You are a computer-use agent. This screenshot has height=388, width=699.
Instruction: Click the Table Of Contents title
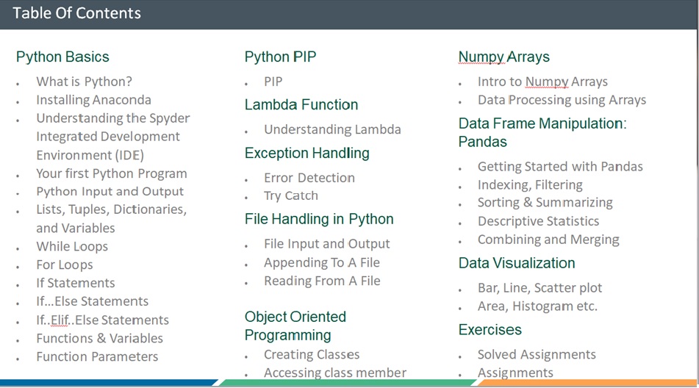point(76,13)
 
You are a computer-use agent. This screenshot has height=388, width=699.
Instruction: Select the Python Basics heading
point(62,57)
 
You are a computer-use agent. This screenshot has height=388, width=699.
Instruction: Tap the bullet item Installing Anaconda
point(93,100)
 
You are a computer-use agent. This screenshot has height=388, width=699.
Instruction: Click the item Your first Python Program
point(112,173)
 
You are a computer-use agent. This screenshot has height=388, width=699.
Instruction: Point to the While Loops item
point(72,246)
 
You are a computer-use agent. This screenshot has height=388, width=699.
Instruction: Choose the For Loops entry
point(65,265)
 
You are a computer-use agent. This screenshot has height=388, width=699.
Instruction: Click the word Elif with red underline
point(60,320)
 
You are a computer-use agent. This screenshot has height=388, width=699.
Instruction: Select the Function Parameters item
point(97,356)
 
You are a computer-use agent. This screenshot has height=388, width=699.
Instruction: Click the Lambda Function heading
point(301,104)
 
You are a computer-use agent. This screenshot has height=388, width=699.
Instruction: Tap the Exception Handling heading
point(307,154)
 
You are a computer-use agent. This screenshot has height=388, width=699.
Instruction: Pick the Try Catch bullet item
point(291,195)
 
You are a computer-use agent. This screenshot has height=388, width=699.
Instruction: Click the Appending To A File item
point(322,262)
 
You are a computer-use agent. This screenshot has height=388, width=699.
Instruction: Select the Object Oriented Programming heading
point(295,326)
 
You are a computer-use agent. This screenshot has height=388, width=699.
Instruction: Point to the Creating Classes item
point(312,355)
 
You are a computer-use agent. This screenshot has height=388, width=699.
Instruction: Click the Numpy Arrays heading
point(504,57)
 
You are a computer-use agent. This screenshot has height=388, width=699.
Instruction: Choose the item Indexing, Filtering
point(530,184)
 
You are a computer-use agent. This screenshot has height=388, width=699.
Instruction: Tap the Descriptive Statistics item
point(539,221)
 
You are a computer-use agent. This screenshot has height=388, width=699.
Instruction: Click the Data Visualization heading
point(517,263)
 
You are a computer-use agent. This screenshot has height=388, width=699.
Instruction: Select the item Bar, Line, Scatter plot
point(540,288)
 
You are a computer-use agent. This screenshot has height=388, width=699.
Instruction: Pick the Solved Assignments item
point(537,355)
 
